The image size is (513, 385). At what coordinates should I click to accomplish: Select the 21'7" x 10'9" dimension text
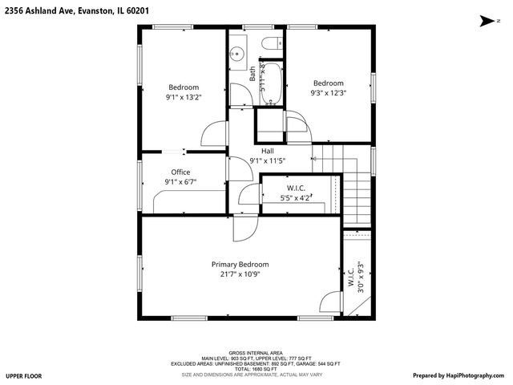coord(240,274)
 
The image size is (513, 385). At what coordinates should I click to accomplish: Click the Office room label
coord(180,172)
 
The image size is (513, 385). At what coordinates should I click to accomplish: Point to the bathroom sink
coord(236,55)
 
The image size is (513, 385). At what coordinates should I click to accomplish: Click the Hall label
coord(268,150)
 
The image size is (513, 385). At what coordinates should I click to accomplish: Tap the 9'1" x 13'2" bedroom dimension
coord(183,97)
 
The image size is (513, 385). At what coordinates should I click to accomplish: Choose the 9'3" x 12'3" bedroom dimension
coord(328,93)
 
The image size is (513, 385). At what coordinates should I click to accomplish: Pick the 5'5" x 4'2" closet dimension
coord(295,197)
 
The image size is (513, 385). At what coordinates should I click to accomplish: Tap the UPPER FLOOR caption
coord(23,375)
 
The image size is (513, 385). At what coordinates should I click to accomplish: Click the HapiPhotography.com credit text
coord(460,375)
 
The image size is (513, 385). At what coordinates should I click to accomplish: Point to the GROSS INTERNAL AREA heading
coord(256,352)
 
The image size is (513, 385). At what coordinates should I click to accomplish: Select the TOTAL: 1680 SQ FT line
coord(256,369)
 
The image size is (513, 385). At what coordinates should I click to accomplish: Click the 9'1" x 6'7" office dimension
coord(180,182)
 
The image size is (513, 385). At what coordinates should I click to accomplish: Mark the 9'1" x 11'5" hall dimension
coord(268,160)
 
